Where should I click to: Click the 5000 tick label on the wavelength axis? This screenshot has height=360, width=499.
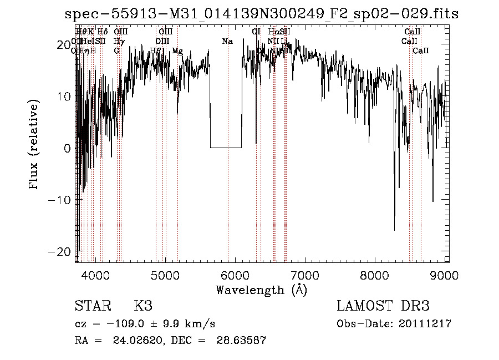(x=165, y=275)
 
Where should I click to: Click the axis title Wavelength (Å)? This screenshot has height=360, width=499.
(x=261, y=290)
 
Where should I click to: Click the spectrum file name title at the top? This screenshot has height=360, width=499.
(x=262, y=13)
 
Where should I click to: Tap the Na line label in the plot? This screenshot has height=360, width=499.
(x=227, y=42)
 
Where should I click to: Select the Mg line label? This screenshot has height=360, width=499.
(x=177, y=51)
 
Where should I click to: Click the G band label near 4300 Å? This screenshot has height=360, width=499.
(x=117, y=51)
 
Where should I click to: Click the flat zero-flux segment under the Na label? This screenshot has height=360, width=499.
(x=226, y=148)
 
